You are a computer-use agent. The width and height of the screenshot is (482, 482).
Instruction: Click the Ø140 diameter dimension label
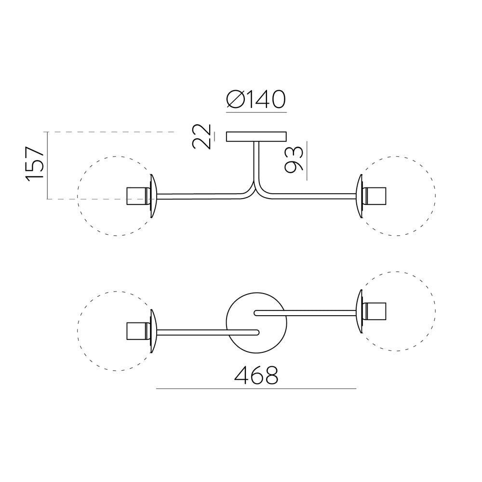click(256, 99)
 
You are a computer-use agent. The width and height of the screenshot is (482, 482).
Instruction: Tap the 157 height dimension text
click(35, 164)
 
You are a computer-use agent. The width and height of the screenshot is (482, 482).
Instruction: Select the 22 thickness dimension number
click(201, 137)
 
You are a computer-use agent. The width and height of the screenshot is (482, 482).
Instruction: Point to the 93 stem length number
click(294, 160)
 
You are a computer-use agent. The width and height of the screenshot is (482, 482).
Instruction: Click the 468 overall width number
click(256, 375)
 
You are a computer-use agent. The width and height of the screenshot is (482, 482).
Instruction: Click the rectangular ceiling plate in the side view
click(256, 137)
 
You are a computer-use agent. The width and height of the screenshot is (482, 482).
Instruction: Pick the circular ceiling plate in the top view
click(256, 322)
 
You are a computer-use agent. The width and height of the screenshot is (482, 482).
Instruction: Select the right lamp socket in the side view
click(375, 196)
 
